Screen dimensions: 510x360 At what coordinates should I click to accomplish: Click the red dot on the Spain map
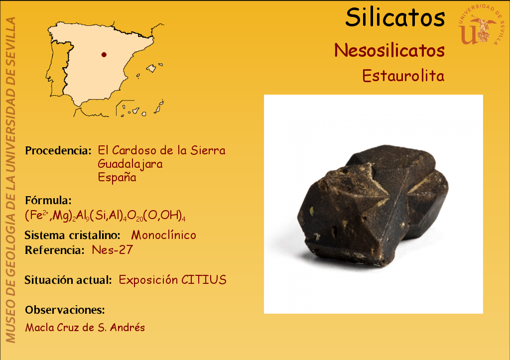coord(104,55)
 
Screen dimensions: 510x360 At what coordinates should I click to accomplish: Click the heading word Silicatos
coord(395,17)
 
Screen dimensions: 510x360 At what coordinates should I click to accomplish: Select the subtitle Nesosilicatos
coord(389,50)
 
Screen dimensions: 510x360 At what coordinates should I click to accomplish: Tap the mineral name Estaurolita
coord(403,76)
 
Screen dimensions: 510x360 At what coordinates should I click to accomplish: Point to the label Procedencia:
coord(58,150)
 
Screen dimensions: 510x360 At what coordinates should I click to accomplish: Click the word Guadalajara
coord(130,164)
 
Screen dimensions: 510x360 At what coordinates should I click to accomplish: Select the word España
coord(117,177)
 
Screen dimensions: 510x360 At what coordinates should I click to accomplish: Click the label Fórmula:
coord(48,200)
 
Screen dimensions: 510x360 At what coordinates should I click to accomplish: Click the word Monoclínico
coord(163,235)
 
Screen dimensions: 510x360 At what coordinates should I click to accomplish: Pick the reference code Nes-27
coord(112,250)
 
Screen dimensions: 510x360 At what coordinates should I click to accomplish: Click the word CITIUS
coord(204,280)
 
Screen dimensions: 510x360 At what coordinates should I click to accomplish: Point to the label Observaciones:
coord(65,310)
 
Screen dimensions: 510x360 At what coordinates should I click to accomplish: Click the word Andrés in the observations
coord(127,327)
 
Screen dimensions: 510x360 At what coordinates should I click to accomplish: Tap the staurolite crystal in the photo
coord(373,205)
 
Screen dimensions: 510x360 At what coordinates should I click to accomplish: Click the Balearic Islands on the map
coord(151,69)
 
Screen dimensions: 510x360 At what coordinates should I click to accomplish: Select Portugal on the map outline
coord(59,69)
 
